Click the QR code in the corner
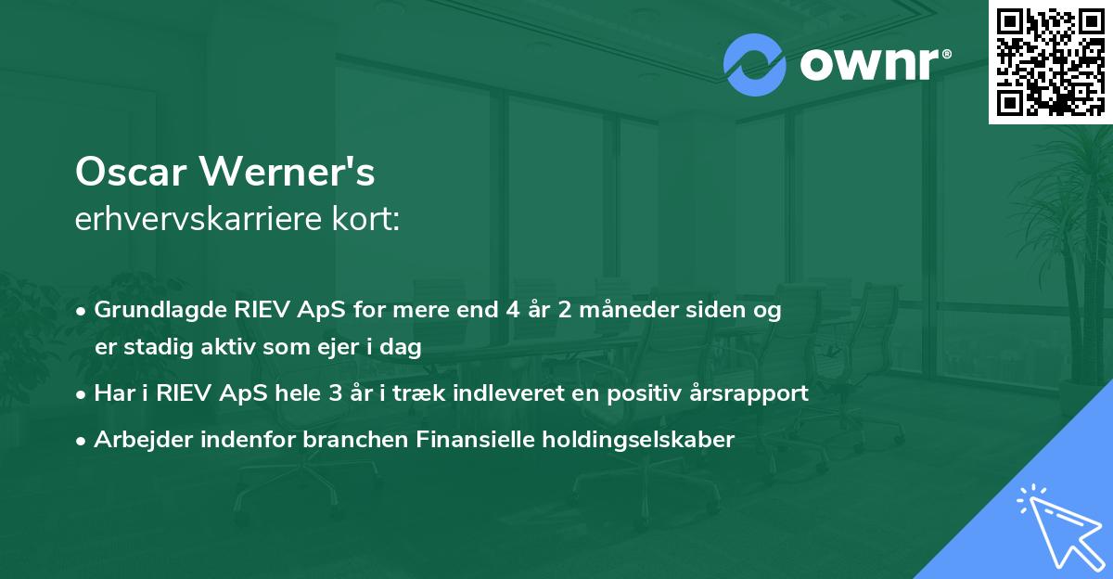tap(1050, 61)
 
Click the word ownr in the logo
tap(873, 65)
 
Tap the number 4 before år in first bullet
tap(511, 310)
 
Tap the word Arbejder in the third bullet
tap(140, 440)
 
